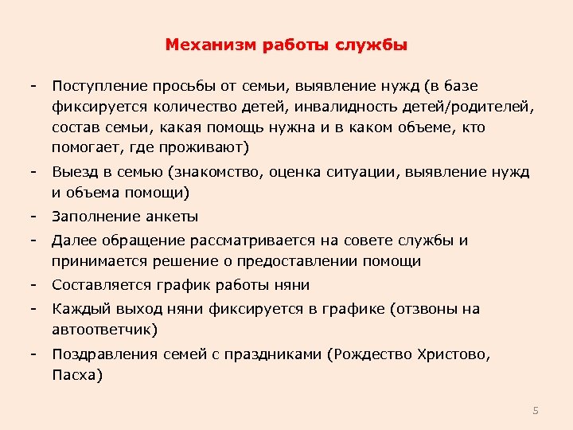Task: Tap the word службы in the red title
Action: pos(373,45)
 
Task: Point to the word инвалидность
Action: pos(333,107)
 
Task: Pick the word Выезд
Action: pos(72,172)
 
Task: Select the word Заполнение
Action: pos(95,217)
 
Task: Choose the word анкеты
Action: pos(171,217)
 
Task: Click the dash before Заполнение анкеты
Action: pos(34,217)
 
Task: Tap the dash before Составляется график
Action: pos(34,285)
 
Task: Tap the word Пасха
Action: pos(73,375)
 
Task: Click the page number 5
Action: pos(536,411)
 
